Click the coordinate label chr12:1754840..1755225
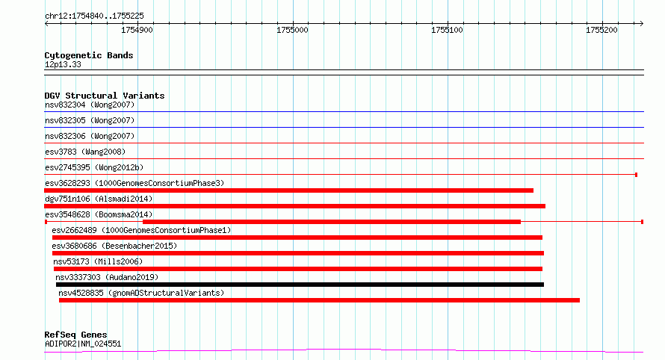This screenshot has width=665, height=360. (94, 16)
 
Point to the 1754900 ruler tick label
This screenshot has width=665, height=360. (137, 30)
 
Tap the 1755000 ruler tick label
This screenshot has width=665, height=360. (292, 30)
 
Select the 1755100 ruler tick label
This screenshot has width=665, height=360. (447, 30)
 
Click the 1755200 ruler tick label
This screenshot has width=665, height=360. (601, 30)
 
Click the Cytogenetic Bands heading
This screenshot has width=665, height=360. (89, 55)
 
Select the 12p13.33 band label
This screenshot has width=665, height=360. (63, 64)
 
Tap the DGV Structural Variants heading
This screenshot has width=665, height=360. (105, 96)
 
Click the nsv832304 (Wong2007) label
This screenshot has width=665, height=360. (90, 105)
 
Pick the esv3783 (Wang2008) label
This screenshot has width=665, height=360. (85, 152)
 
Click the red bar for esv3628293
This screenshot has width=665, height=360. (289, 190)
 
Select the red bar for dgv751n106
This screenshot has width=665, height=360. (294, 206)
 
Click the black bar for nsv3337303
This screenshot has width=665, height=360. (300, 285)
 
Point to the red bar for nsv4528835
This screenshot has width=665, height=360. (319, 300)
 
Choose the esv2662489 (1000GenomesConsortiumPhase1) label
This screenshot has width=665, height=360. (141, 230)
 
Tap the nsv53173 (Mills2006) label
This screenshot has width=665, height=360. (98, 261)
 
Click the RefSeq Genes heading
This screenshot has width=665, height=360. (75, 335)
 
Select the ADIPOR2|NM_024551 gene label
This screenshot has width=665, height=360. (83, 344)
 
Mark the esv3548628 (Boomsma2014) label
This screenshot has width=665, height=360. (99, 214)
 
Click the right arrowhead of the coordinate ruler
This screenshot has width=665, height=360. (643, 24)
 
